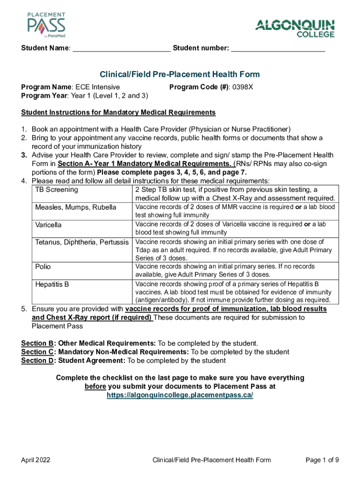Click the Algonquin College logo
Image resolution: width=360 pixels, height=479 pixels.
point(295,28)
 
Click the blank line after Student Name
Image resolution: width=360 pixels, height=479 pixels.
point(122,48)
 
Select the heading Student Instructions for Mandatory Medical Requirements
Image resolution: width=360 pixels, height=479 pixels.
point(118,112)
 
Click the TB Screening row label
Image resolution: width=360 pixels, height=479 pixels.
point(57,190)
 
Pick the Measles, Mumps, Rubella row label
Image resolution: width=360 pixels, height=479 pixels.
point(76,207)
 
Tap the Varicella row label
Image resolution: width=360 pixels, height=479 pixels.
point(49,225)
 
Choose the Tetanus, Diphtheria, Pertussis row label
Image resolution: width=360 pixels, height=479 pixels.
point(82,242)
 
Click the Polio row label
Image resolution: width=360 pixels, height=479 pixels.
point(43,267)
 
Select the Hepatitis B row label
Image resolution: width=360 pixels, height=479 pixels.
point(51,284)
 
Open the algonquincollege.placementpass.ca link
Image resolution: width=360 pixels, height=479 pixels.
point(180,395)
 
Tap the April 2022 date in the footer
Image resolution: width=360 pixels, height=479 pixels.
point(36,460)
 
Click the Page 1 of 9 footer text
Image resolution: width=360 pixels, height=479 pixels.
point(322,460)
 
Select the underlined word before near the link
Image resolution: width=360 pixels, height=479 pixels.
point(95,386)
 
